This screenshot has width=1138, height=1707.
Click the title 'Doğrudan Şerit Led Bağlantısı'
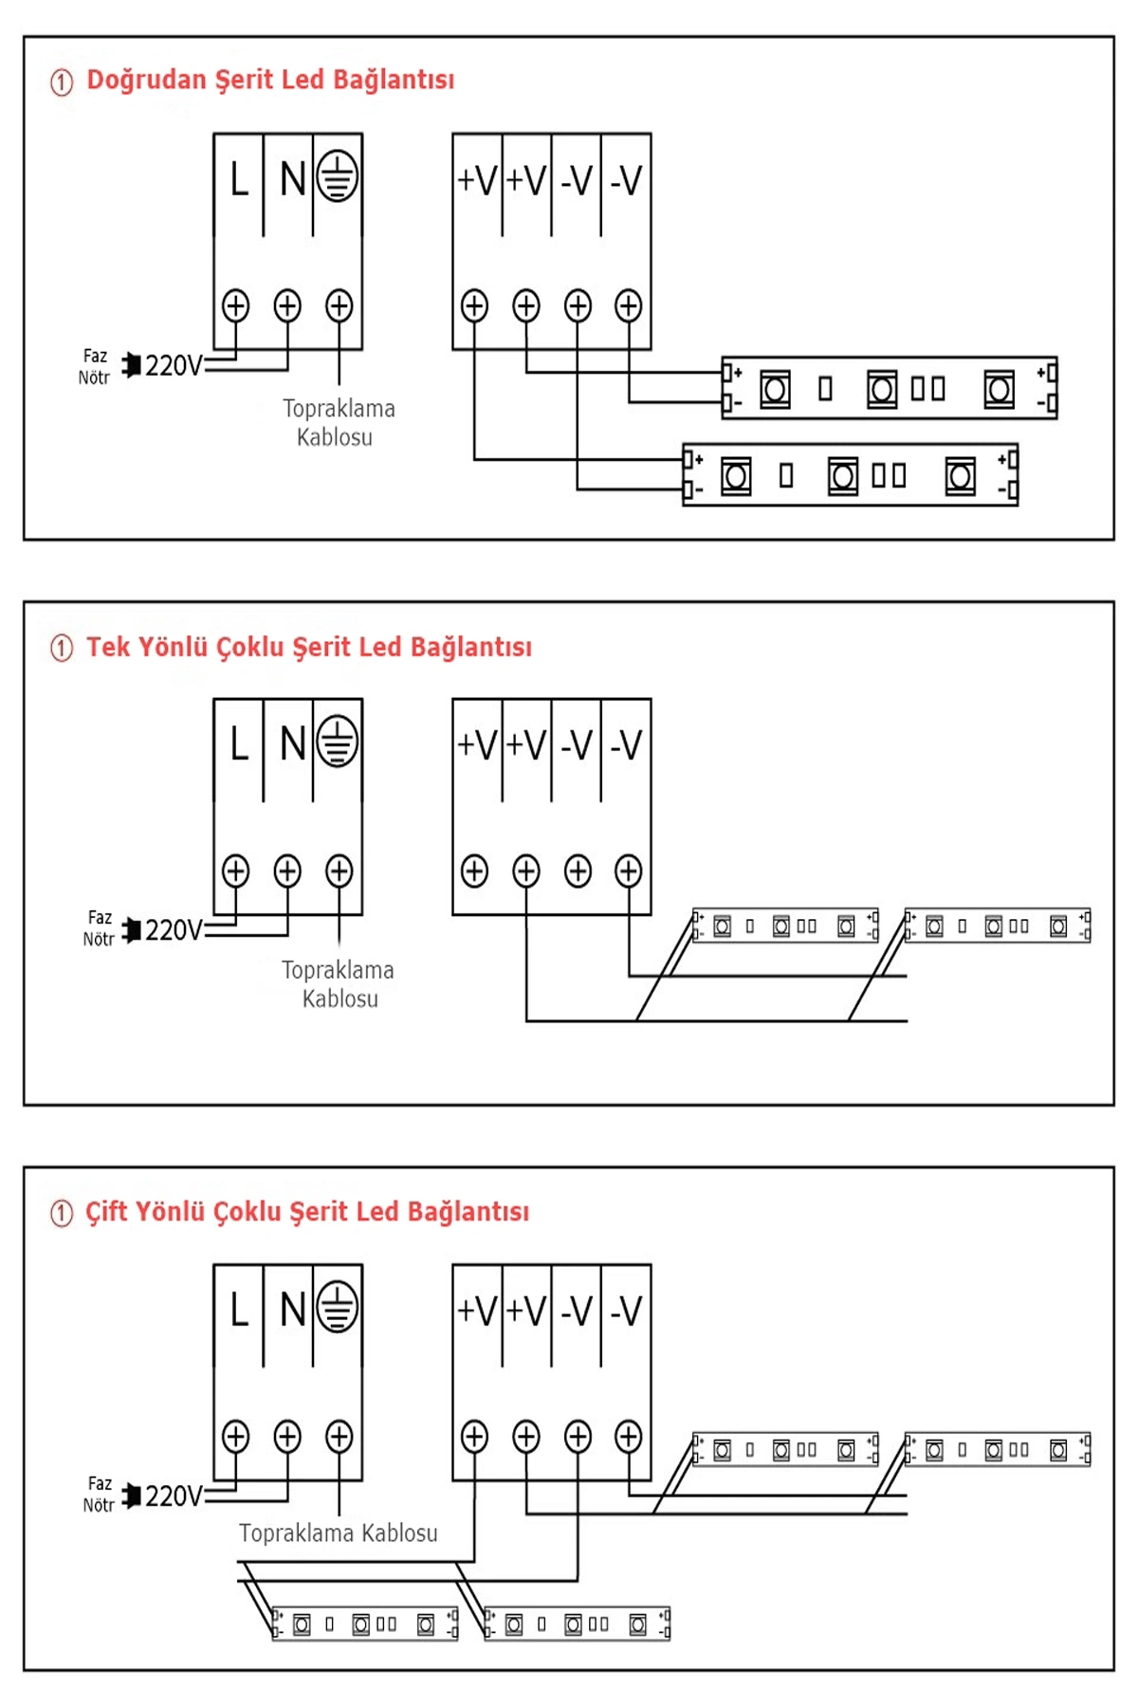(270, 81)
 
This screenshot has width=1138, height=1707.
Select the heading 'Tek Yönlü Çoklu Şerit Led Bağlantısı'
(309, 648)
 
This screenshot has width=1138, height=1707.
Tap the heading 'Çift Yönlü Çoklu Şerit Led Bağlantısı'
(307, 1212)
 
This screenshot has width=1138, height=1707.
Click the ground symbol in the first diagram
(338, 177)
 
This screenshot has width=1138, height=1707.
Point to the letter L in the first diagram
(239, 179)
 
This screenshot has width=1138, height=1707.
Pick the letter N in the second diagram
(292, 744)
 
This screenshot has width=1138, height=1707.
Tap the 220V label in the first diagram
(174, 366)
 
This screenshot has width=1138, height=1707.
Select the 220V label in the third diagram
(174, 1496)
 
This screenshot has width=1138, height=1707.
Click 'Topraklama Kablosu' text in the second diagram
(339, 984)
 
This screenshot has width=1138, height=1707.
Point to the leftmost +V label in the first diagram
(477, 180)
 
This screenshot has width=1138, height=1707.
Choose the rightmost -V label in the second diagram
(626, 745)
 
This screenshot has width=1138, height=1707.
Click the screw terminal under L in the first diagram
(236, 306)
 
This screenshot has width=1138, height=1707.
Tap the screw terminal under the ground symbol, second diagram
(339, 871)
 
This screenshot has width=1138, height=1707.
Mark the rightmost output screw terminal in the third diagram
(628, 1436)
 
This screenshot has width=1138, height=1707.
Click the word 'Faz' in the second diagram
(100, 918)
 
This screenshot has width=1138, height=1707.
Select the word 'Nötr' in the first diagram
(94, 378)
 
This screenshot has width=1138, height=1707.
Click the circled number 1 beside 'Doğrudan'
(62, 83)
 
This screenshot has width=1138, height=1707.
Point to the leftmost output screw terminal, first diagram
(474, 306)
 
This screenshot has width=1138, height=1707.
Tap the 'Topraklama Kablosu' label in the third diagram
(339, 1533)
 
